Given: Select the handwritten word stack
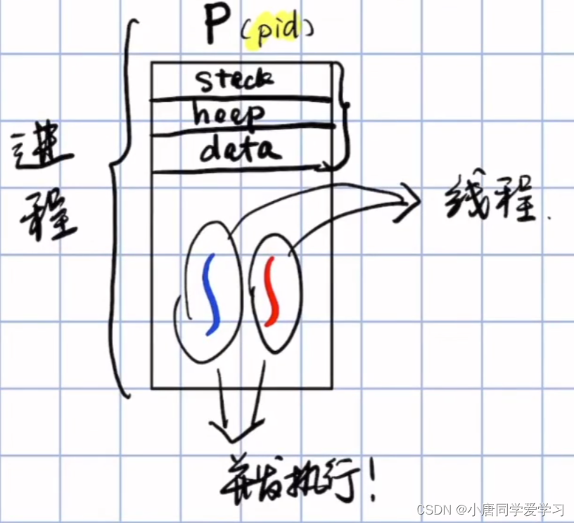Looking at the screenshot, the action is tap(234, 80).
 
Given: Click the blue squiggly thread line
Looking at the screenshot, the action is tap(210, 294).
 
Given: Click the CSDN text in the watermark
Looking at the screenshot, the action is tap(432, 508).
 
